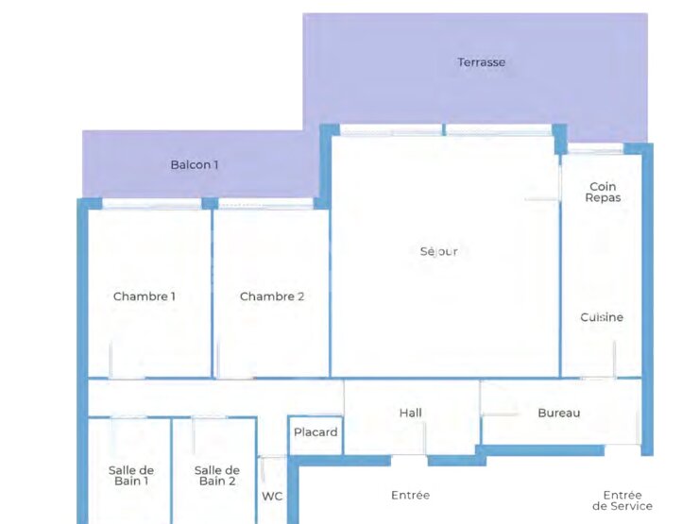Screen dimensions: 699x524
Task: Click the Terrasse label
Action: (482, 62)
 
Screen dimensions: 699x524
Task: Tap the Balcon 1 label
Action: (195, 165)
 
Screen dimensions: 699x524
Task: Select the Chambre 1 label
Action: (145, 296)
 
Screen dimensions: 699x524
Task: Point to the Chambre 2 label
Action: (272, 296)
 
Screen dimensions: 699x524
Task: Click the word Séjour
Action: (438, 252)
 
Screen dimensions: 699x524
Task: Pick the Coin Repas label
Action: (603, 192)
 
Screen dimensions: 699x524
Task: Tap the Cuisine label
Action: (602, 317)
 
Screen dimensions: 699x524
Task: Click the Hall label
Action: (411, 413)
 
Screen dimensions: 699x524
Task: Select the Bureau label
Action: (559, 413)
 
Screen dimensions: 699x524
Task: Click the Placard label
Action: (315, 432)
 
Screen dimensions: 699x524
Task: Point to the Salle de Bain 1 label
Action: (131, 476)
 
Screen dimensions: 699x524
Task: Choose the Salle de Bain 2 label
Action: (217, 476)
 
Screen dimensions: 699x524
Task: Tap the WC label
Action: (272, 497)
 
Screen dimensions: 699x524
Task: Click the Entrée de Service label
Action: (622, 500)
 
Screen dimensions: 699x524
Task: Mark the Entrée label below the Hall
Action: (411, 495)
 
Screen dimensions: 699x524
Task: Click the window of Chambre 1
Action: (152, 204)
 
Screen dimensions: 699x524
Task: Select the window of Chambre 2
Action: (265, 204)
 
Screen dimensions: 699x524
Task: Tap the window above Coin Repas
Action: (595, 149)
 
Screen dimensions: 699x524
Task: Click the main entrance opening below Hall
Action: (409, 460)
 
